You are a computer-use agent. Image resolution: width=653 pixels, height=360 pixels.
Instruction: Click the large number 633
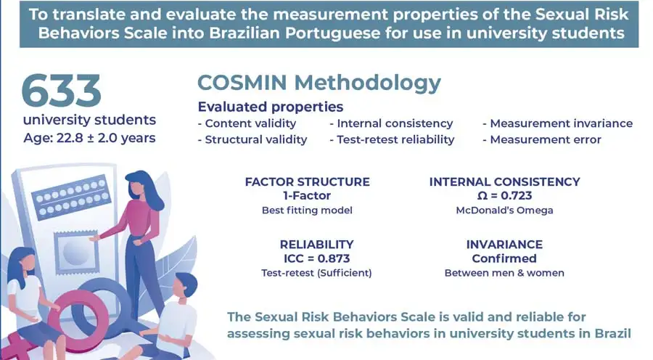pyautogui.click(x=61, y=91)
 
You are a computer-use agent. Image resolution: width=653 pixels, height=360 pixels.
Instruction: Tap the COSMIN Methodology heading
pyautogui.click(x=319, y=83)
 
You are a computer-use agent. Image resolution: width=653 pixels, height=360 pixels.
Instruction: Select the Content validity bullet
pyautogui.click(x=247, y=123)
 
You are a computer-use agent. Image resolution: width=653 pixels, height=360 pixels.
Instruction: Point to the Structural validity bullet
pyautogui.click(x=252, y=139)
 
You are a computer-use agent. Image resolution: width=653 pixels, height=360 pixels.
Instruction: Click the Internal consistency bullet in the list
pyautogui.click(x=391, y=123)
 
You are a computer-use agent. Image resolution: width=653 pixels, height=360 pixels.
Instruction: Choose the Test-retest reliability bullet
pyautogui.click(x=392, y=139)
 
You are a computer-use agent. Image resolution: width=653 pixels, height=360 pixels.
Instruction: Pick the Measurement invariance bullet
pyautogui.click(x=558, y=123)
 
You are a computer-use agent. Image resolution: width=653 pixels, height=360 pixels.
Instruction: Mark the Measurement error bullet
pyautogui.click(x=542, y=139)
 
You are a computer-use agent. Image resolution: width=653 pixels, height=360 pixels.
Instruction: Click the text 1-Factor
pyautogui.click(x=307, y=195)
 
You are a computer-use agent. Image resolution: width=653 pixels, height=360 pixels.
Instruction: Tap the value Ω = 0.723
pyautogui.click(x=504, y=195)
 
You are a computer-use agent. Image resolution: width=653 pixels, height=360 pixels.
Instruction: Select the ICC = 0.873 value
pyautogui.click(x=316, y=258)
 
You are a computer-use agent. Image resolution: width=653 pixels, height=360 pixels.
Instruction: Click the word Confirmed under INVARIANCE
pyautogui.click(x=504, y=258)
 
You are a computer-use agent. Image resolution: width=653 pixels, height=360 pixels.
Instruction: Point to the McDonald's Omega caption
pyautogui.click(x=504, y=210)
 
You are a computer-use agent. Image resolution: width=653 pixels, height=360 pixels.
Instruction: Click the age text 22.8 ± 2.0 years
pyautogui.click(x=106, y=138)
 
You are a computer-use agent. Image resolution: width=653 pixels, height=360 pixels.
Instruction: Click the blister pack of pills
pyautogui.click(x=71, y=197)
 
